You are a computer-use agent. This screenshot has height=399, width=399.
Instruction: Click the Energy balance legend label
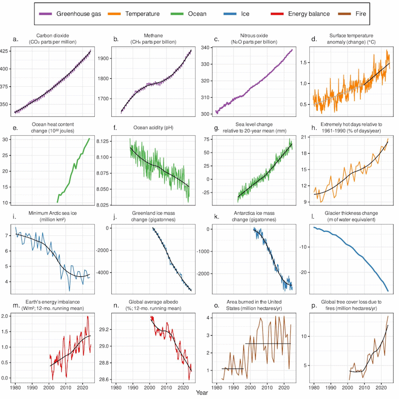click(x=309, y=13)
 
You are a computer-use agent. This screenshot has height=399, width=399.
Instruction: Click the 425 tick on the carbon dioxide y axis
click(x=5, y=51)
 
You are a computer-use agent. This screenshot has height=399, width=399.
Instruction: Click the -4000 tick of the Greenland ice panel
click(x=104, y=272)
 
